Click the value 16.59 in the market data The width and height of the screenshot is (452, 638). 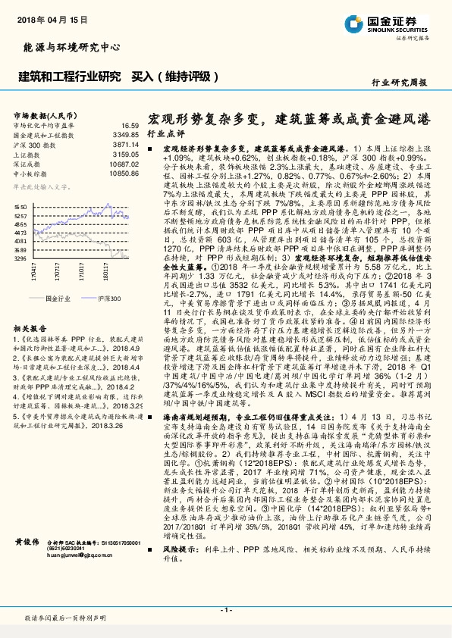coord(130,125)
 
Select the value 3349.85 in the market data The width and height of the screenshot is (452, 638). coord(126,134)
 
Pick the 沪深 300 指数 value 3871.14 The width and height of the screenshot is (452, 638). coord(126,143)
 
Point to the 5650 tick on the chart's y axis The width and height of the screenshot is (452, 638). coord(20,206)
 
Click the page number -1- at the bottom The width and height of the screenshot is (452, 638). coord(225,609)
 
